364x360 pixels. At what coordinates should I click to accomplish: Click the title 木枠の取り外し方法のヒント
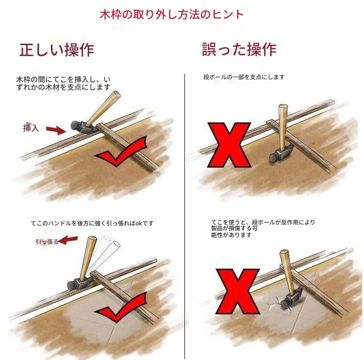tap(171, 15)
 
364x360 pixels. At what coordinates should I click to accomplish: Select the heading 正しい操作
tap(57, 50)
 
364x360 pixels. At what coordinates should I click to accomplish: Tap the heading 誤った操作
tap(239, 49)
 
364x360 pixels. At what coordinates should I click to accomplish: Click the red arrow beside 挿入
tap(56, 130)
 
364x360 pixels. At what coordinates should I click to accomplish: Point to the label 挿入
tap(31, 128)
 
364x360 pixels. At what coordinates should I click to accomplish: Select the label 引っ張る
tap(47, 242)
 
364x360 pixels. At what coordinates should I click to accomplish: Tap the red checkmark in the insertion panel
tap(121, 151)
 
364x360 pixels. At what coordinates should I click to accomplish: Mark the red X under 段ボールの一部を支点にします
tap(229, 145)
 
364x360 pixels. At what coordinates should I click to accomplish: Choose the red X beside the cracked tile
tap(237, 291)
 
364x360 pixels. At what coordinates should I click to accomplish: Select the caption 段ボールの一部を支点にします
tap(244, 77)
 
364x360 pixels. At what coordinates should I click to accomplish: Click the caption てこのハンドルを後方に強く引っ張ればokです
tap(92, 223)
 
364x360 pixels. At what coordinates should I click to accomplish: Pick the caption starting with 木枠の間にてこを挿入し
tap(63, 84)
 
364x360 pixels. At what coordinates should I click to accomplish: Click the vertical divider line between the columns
tap(185, 216)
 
